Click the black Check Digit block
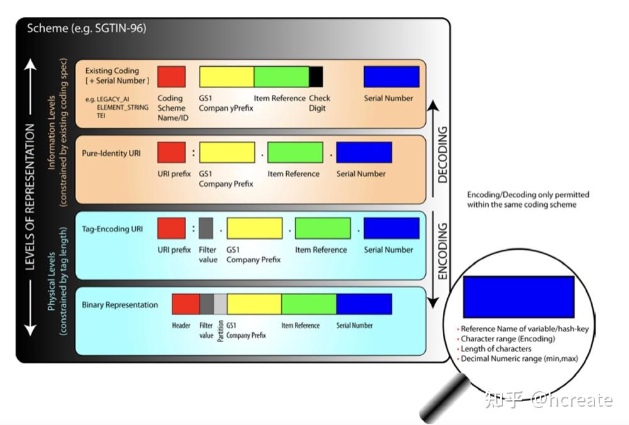316,77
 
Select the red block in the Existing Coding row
171,77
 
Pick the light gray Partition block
220,304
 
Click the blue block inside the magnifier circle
518,297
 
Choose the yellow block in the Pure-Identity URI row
227,153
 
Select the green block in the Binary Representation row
309,304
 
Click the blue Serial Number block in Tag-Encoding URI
391,228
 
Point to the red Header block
186,304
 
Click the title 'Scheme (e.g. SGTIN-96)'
87,28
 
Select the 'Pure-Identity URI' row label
112,153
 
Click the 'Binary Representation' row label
120,305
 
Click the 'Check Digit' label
319,103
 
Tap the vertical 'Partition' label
220,331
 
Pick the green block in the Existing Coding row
281,77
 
